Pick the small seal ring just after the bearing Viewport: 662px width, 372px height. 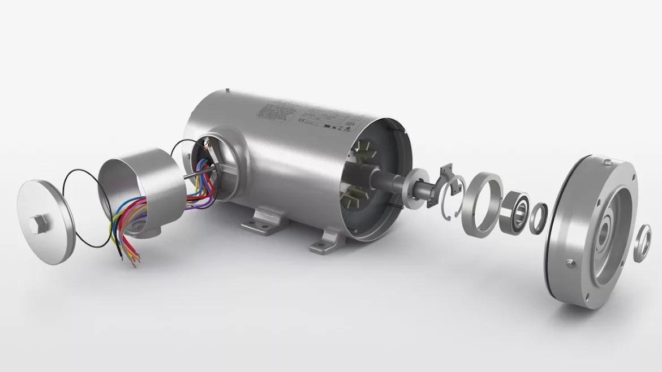(x=538, y=218)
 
